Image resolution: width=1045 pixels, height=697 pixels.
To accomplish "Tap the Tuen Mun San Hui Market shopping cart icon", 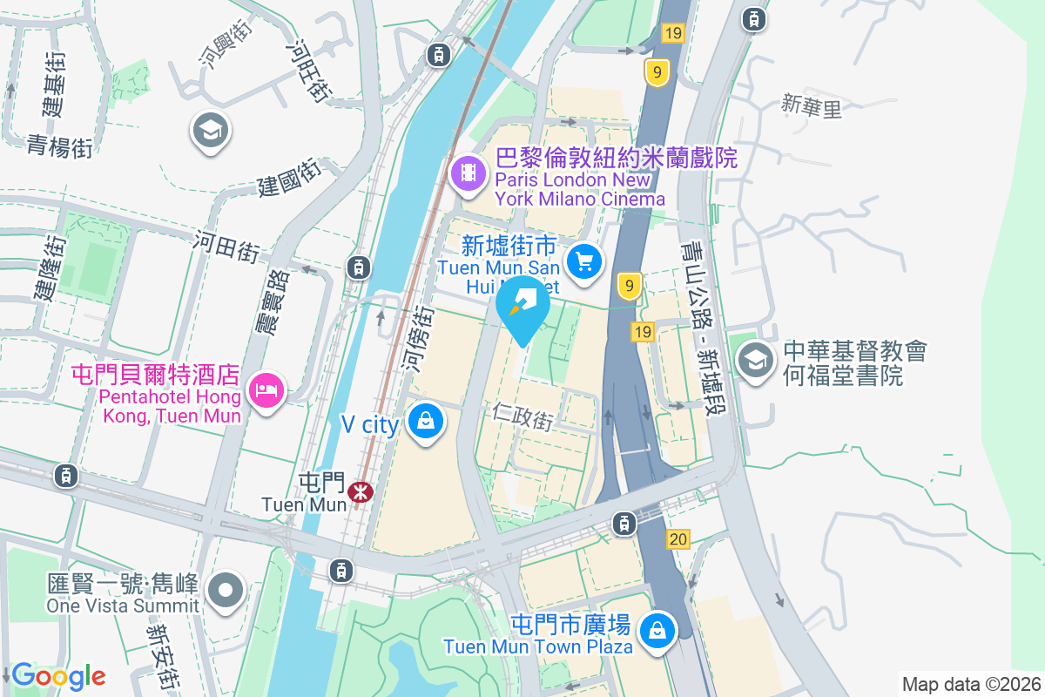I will (x=584, y=260).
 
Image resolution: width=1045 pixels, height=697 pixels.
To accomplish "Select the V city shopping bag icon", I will (x=426, y=421).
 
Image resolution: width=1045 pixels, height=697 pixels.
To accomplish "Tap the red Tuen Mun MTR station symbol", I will (x=360, y=492).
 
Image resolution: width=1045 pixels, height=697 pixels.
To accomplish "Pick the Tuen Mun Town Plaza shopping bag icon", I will (x=657, y=630).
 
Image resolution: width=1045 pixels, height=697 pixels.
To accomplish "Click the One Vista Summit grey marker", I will (x=226, y=590).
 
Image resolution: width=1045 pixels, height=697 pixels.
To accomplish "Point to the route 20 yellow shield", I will (x=679, y=540).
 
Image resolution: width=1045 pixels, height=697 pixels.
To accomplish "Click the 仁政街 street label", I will (x=522, y=416).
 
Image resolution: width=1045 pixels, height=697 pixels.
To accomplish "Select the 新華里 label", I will (x=812, y=106).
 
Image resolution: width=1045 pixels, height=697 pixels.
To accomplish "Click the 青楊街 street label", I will (x=59, y=145).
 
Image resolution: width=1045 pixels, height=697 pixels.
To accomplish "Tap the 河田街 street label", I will (x=226, y=246).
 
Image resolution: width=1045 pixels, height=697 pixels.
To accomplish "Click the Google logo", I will (x=58, y=675).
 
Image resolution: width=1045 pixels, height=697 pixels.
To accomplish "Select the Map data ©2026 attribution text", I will (x=971, y=684).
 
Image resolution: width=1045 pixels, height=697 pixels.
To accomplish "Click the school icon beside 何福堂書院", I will (x=755, y=361).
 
